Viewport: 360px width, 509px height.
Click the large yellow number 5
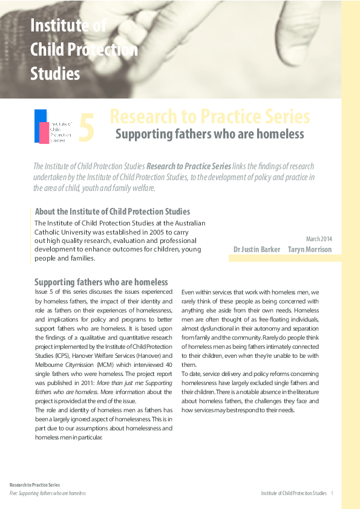(87, 128)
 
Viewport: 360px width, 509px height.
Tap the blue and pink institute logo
(53, 126)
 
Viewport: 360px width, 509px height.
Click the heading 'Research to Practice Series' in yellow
(210, 117)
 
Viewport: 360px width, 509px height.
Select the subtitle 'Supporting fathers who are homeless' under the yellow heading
(209, 134)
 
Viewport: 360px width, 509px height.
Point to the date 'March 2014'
(319, 239)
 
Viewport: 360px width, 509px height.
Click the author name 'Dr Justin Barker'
(257, 249)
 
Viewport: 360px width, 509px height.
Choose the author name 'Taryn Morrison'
(310, 249)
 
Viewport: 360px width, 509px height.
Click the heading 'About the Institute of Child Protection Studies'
(113, 212)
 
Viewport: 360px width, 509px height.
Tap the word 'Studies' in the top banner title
(55, 74)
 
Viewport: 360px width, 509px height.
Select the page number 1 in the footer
(332, 493)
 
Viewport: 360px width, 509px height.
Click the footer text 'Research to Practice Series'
(34, 485)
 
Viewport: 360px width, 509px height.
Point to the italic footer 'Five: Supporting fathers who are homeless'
(48, 493)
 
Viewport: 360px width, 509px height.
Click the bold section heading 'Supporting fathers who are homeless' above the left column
(101, 282)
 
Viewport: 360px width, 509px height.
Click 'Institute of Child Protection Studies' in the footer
(294, 493)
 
